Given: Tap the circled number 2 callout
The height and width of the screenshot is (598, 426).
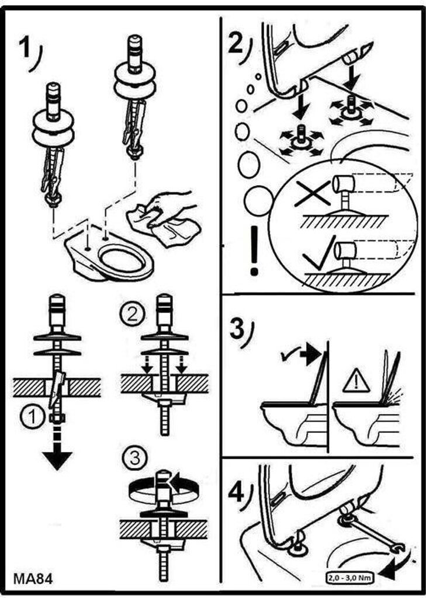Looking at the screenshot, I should click(x=130, y=315).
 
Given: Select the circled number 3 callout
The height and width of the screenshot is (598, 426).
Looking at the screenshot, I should click(x=136, y=457).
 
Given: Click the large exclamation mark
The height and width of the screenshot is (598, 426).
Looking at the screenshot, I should click(x=254, y=251).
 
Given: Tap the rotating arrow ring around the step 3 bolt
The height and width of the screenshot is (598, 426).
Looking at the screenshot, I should click(x=161, y=485).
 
